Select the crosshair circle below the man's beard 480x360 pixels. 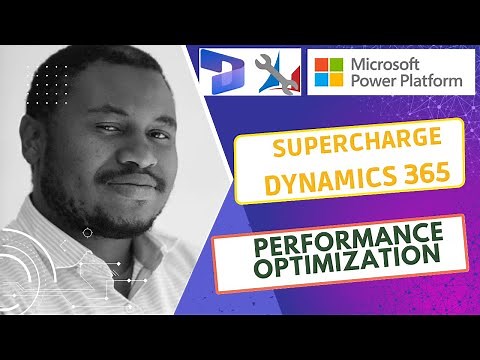(88, 232)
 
